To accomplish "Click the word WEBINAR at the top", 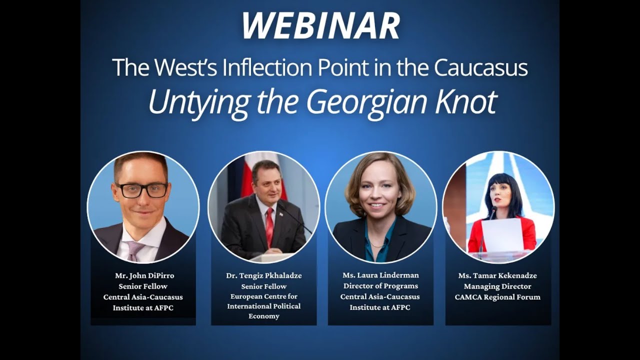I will pyautogui.click(x=320, y=25).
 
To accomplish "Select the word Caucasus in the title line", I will pyautogui.click(x=481, y=67).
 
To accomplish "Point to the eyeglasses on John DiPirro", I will pyautogui.click(x=142, y=190).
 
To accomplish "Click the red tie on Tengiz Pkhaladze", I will pyautogui.click(x=269, y=226).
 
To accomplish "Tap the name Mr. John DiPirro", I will pyautogui.click(x=143, y=275).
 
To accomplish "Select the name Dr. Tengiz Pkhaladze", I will pyautogui.click(x=264, y=275).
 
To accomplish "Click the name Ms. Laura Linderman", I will pyautogui.click(x=380, y=275).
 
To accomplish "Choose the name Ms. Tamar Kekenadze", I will pyautogui.click(x=497, y=275).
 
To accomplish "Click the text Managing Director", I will pyautogui.click(x=497, y=286).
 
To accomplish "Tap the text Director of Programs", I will pyautogui.click(x=380, y=286).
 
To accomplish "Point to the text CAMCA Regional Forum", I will pyautogui.click(x=497, y=297).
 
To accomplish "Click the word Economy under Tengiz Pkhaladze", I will pyautogui.click(x=264, y=316).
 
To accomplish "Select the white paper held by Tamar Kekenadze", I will pyautogui.click(x=502, y=235).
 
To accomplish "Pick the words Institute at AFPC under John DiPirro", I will pyautogui.click(x=143, y=308).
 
